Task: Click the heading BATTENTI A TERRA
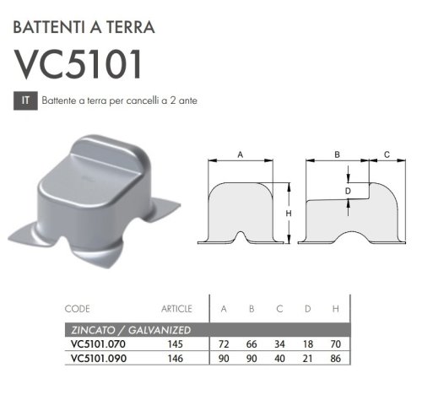(84, 26)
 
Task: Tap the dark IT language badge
(25, 100)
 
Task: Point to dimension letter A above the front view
(241, 155)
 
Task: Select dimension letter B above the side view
(336, 155)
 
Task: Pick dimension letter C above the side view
(387, 155)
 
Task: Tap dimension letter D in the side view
(347, 192)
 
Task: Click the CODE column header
(77, 309)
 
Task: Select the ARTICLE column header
(177, 309)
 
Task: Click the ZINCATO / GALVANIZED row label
(127, 329)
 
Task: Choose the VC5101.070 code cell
(98, 344)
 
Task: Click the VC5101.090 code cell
(98, 358)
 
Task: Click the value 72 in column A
(225, 344)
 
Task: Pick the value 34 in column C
(280, 344)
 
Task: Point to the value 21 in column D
(308, 358)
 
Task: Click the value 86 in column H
(336, 358)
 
